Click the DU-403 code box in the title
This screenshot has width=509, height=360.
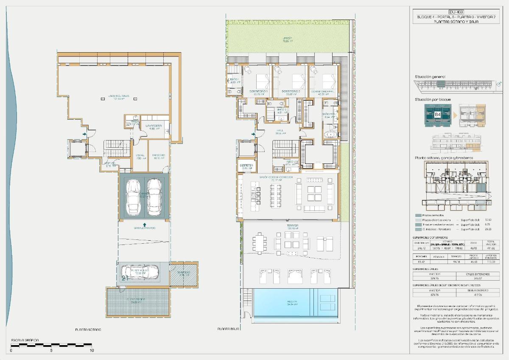tap(456, 12)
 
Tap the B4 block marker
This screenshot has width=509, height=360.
tap(437, 115)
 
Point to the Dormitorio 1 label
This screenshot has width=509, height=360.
tap(258, 92)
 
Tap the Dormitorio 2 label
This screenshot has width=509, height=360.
tap(291, 92)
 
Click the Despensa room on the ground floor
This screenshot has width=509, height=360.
tap(246, 166)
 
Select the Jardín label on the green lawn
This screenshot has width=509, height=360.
tap(288, 39)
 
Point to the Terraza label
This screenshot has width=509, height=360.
tap(292, 226)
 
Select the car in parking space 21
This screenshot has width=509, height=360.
tap(140, 271)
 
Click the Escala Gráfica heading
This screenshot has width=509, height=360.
tap(25, 340)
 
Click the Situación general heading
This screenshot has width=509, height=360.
tap(430, 77)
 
